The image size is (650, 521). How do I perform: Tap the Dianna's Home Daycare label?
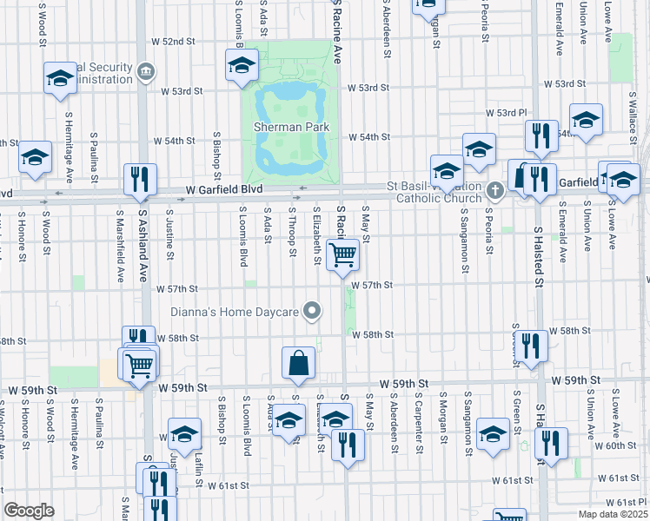point(235,312)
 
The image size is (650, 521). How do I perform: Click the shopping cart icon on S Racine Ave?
point(344,255)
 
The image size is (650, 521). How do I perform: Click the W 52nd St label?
point(172,42)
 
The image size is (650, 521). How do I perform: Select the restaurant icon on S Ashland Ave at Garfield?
point(140,179)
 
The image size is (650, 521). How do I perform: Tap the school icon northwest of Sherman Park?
point(242,64)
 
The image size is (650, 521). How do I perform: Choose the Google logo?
point(30,511)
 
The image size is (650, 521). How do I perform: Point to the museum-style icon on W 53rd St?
point(145,70)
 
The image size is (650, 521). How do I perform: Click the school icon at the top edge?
point(428,5)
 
